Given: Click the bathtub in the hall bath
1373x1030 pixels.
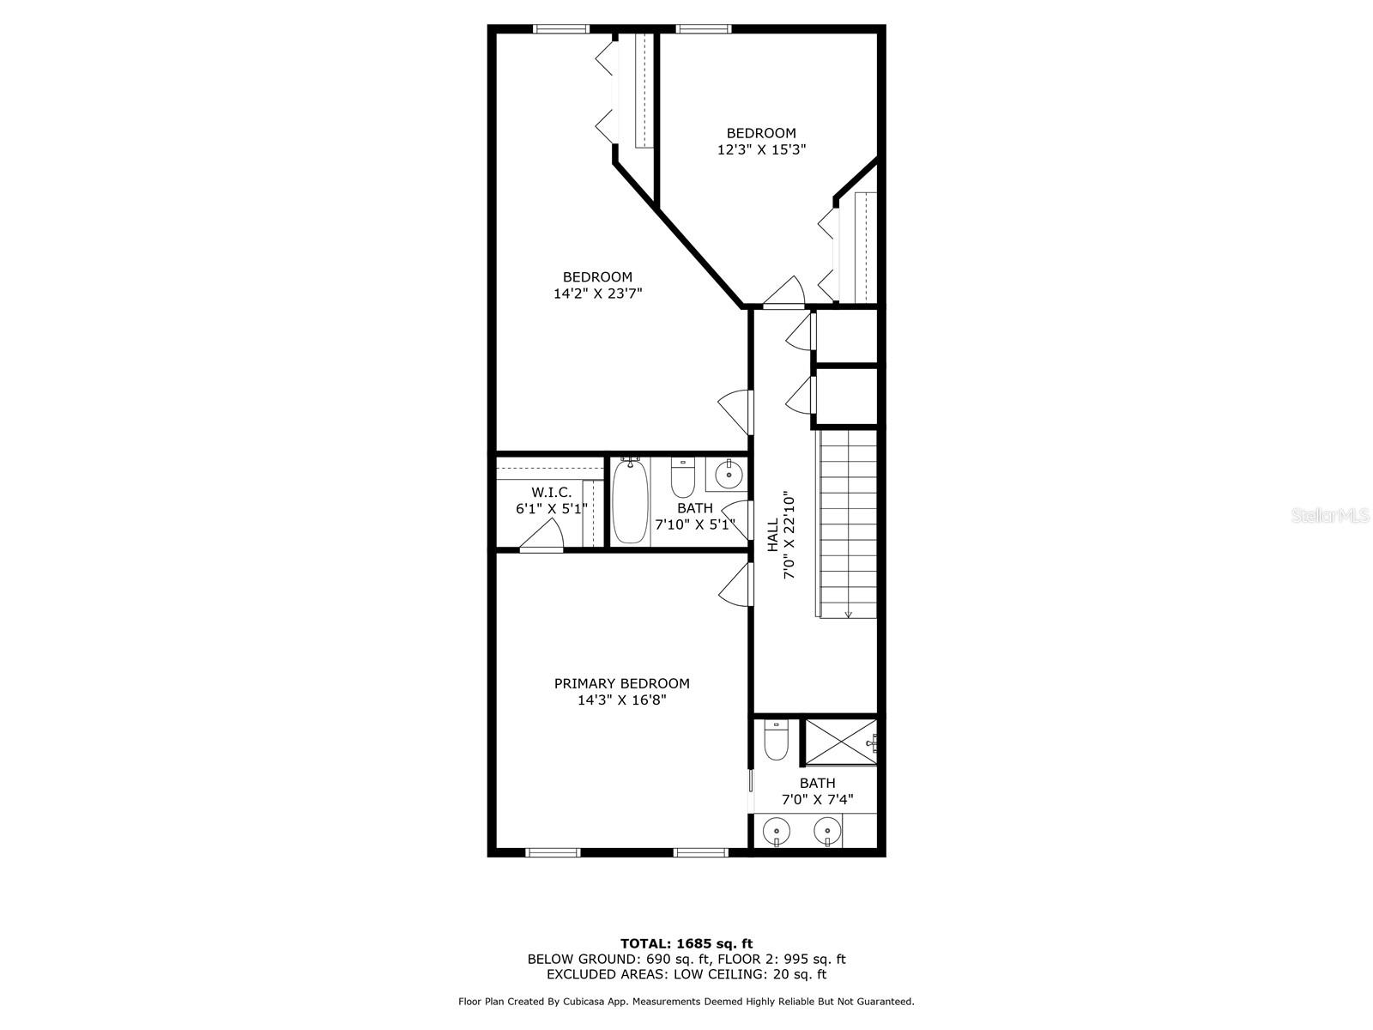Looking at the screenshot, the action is pyautogui.click(x=630, y=501).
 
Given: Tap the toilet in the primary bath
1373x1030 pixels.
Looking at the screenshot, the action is pyautogui.click(x=777, y=740).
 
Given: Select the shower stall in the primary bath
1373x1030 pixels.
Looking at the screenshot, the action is pyautogui.click(x=841, y=742).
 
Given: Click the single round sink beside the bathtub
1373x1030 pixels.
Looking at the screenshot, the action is pyautogui.click(x=729, y=475).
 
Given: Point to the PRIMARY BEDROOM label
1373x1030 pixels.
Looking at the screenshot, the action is pyautogui.click(x=622, y=683).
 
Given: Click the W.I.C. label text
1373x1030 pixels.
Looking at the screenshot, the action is pyautogui.click(x=551, y=492).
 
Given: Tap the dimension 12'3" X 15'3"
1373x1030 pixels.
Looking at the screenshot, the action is pyautogui.click(x=761, y=149).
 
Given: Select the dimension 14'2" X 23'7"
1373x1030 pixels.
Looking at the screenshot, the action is pyautogui.click(x=598, y=294).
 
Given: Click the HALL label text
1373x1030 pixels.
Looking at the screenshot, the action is pyautogui.click(x=773, y=535).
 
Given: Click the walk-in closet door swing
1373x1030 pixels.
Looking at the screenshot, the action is pyautogui.click(x=541, y=536).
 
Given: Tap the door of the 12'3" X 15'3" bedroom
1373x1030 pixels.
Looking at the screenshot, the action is pyautogui.click(x=783, y=293).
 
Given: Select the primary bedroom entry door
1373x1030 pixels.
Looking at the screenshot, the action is pyautogui.click(x=735, y=585).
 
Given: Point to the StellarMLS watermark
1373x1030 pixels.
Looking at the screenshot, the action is pyautogui.click(x=1330, y=515).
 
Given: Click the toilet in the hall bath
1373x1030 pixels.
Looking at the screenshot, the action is pyautogui.click(x=682, y=478).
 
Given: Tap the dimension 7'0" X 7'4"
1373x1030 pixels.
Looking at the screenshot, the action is pyautogui.click(x=818, y=799).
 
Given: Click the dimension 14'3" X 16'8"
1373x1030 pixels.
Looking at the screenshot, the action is pyautogui.click(x=622, y=700).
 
